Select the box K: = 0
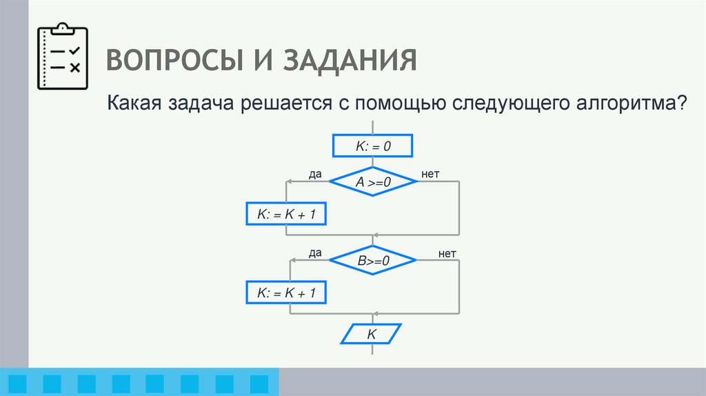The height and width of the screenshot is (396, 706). (372, 146)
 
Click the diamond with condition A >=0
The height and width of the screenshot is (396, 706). (373, 182)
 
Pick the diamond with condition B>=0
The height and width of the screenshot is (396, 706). (373, 261)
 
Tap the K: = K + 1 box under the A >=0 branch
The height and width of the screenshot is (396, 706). (285, 215)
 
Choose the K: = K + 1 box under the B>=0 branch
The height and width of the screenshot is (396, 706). (285, 293)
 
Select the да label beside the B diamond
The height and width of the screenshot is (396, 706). (316, 253)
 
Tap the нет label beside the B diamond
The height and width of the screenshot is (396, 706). (447, 253)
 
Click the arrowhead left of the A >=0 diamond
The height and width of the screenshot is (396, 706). (290, 181)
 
